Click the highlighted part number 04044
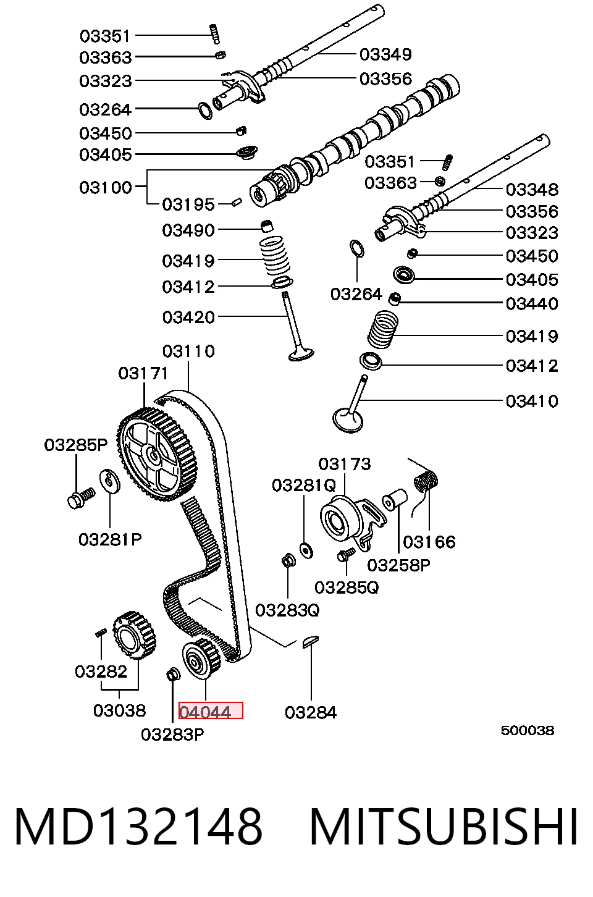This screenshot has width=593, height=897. point(206,712)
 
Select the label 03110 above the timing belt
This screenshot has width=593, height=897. point(188,352)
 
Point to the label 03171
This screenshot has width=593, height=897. point(143,374)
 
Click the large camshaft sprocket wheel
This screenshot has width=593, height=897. point(157,455)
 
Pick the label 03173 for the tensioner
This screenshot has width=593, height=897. point(345,464)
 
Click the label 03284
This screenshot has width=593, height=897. point(311,712)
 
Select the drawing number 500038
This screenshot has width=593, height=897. point(528,730)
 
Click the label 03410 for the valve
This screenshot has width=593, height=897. point(532,401)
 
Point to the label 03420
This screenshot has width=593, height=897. point(188,317)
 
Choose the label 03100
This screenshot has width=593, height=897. point(106,187)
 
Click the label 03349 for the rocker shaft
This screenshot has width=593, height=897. point(385,54)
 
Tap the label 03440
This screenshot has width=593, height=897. point(532,303)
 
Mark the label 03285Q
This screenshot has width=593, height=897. point(347,587)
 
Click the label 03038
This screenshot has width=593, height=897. point(120,710)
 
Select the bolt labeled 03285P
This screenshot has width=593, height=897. point(82,497)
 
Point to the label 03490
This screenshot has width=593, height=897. point(188,230)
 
